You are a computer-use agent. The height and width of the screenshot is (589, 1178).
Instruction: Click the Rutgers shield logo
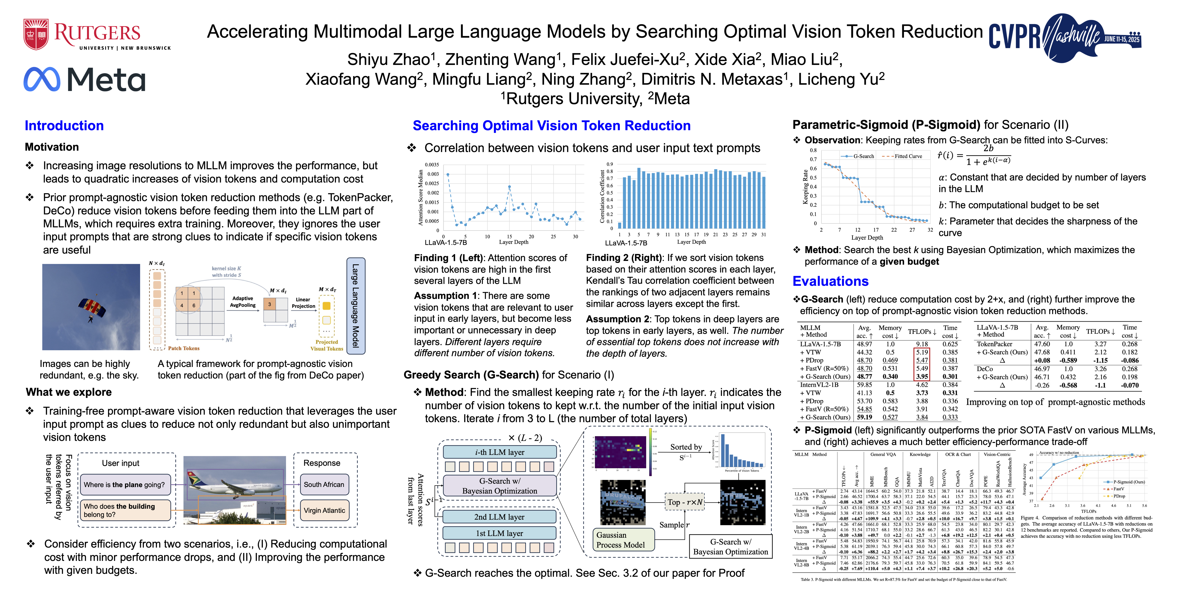(36, 34)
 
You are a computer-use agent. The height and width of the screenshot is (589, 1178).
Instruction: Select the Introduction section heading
(64, 126)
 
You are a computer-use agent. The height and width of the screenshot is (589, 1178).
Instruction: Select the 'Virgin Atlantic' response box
(324, 510)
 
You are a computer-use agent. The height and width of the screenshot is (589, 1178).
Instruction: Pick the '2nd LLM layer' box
(499, 517)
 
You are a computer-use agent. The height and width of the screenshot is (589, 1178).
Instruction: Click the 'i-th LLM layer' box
(499, 452)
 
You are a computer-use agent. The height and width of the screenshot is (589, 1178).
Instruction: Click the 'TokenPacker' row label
(994, 344)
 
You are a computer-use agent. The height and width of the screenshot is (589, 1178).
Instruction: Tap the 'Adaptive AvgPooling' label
(243, 302)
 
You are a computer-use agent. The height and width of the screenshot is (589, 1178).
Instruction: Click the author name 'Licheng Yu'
(841, 79)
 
